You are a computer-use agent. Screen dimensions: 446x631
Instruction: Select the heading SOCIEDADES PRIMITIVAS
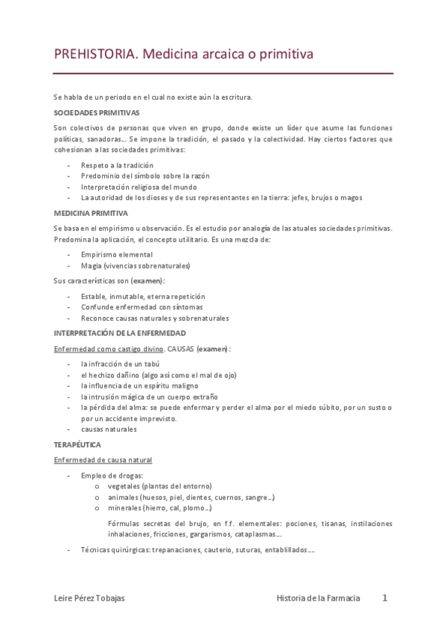[97, 112]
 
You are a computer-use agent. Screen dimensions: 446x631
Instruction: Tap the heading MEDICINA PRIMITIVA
[91, 213]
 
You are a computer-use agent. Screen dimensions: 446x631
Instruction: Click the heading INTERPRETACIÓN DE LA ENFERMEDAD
[120, 333]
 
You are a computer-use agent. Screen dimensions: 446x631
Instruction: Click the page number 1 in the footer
[385, 598]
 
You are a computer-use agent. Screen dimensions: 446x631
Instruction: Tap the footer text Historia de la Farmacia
[318, 598]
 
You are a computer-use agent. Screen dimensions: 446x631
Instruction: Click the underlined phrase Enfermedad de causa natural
[103, 460]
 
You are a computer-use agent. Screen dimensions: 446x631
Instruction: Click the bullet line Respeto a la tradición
[117, 165]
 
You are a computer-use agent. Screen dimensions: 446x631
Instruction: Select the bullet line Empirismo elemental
[117, 254]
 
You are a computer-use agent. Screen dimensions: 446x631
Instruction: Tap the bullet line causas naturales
[109, 429]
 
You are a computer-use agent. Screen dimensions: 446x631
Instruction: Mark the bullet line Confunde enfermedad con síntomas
[141, 307]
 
